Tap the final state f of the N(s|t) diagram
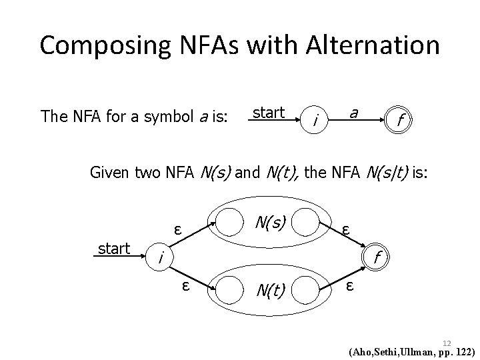click(377, 256)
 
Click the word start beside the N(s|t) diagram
click(114, 249)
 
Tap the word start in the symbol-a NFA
click(269, 111)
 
